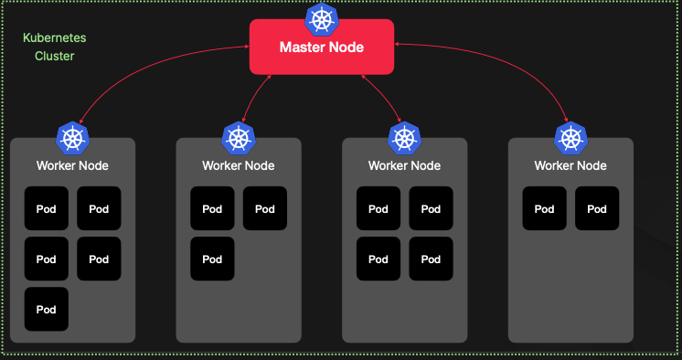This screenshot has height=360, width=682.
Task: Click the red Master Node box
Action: pyautogui.click(x=322, y=47)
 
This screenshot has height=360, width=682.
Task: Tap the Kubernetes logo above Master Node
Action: pyautogui.click(x=322, y=18)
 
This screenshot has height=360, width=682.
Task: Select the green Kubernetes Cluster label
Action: pyautogui.click(x=48, y=48)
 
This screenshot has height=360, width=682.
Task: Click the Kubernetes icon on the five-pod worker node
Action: pyautogui.click(x=72, y=138)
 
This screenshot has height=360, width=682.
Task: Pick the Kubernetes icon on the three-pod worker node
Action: pyautogui.click(x=239, y=138)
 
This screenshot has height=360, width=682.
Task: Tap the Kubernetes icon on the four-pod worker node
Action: pyautogui.click(x=404, y=138)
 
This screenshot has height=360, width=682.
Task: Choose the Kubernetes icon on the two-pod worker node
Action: pyautogui.click(x=570, y=138)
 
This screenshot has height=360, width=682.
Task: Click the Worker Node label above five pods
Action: pyautogui.click(x=72, y=165)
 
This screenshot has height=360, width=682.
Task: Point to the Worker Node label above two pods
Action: pyautogui.click(x=570, y=165)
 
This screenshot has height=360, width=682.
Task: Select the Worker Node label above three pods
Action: pyautogui.click(x=239, y=165)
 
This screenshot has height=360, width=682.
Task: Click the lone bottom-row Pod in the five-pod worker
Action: pyautogui.click(x=47, y=309)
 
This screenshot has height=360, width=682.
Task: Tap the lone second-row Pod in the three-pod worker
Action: pyautogui.click(x=212, y=259)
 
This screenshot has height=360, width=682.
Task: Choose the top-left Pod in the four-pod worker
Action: pyautogui.click(x=378, y=208)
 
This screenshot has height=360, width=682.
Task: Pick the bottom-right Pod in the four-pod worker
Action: pyautogui.click(x=431, y=259)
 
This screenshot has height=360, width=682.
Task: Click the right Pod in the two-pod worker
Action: pyautogui.click(x=597, y=208)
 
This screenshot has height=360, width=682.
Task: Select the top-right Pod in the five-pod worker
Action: pyautogui.click(x=99, y=208)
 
